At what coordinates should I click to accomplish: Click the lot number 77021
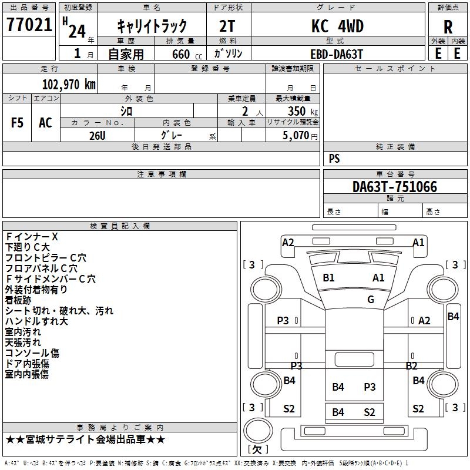[29, 25]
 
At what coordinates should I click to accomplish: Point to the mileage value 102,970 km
[69, 85]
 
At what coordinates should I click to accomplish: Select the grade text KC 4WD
[337, 26]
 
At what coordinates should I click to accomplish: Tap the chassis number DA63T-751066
[395, 186]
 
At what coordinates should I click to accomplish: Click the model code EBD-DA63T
[337, 54]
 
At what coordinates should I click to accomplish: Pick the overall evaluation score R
[448, 27]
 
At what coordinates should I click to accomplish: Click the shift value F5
[17, 123]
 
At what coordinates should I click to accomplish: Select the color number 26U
[98, 136]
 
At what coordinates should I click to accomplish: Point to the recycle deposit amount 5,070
[296, 135]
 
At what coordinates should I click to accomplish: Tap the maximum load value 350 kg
[303, 111]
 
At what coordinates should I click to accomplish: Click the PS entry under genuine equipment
[334, 158]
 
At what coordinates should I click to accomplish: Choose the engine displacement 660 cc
[187, 54]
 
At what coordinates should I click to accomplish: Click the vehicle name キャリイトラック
[152, 26]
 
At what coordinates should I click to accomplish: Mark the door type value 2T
[227, 26]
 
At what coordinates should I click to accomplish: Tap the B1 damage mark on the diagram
[328, 278]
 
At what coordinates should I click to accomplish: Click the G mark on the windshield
[371, 299]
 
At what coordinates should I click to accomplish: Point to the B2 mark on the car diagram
[412, 365]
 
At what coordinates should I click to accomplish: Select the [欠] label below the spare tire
[258, 449]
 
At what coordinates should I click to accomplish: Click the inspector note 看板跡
[18, 300]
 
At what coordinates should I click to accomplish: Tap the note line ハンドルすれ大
[36, 321]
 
